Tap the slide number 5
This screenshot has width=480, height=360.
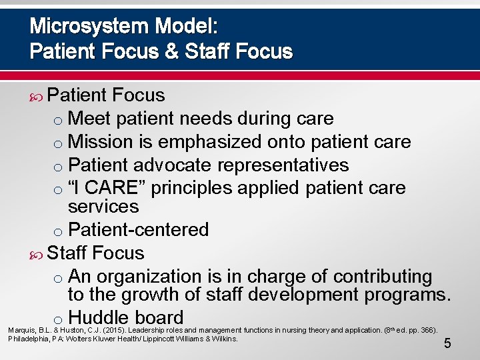pyautogui.click(x=447, y=344)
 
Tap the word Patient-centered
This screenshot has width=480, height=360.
pyautogui.click(x=139, y=230)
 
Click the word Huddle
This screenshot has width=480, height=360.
pyautogui.click(x=99, y=318)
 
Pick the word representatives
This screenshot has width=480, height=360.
pyautogui.click(x=292, y=165)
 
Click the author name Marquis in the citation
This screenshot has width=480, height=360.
pyautogui.click(x=21, y=331)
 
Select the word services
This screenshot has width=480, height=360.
pyautogui.click(x=103, y=207)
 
